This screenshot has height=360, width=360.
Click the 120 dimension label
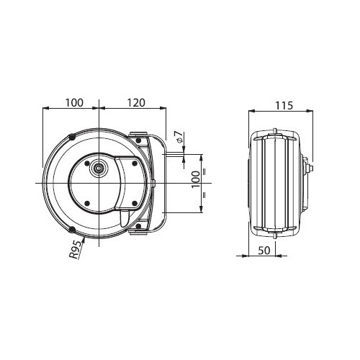pos(136,103)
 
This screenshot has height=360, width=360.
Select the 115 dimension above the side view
pos(284,105)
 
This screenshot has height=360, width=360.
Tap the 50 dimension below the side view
pos(264,251)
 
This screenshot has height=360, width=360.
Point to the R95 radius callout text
pos(75,249)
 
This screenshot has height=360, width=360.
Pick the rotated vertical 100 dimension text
pos(196,179)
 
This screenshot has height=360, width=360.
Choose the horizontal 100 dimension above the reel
pos(75,103)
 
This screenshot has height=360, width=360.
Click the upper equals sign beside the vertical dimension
pos(204,172)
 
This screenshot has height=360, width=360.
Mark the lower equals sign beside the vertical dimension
pos(204,194)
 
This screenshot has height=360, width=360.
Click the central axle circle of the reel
pos(99,168)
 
